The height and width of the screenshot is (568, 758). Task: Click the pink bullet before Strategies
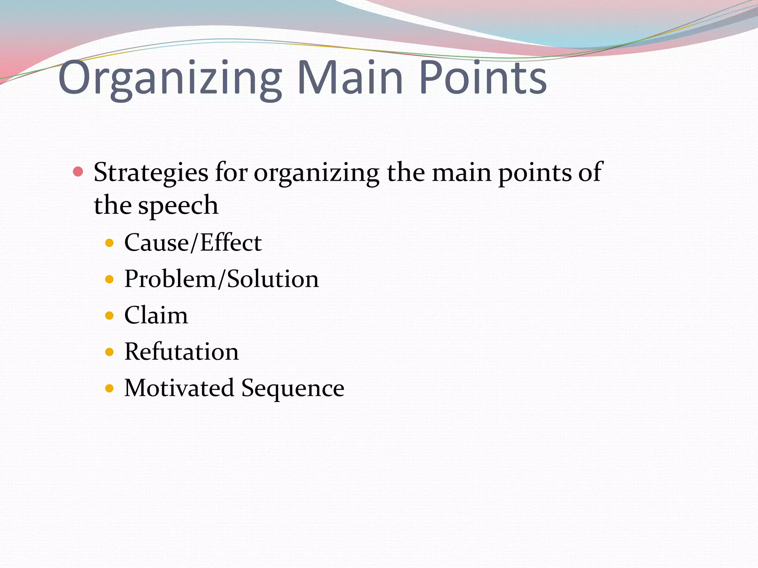[78, 172]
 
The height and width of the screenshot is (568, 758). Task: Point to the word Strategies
[151, 173]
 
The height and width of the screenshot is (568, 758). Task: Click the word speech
[178, 206]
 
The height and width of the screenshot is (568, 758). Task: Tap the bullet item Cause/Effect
[193, 243]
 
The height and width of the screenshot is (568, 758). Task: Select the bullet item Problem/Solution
[221, 279]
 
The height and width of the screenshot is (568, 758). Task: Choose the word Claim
[156, 315]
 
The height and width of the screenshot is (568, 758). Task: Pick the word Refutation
[181, 351]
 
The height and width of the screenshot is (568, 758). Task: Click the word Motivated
[179, 388]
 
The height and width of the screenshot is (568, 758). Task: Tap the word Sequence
[293, 388]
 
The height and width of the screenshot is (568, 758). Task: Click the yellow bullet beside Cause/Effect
[109, 243]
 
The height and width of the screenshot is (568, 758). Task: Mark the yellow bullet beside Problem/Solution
[109, 279]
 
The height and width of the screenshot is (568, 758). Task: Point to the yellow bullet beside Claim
[109, 315]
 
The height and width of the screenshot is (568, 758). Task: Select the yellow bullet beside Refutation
[109, 352]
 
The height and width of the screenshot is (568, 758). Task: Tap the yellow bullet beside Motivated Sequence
[109, 388]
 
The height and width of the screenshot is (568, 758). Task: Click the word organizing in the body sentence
[316, 173]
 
